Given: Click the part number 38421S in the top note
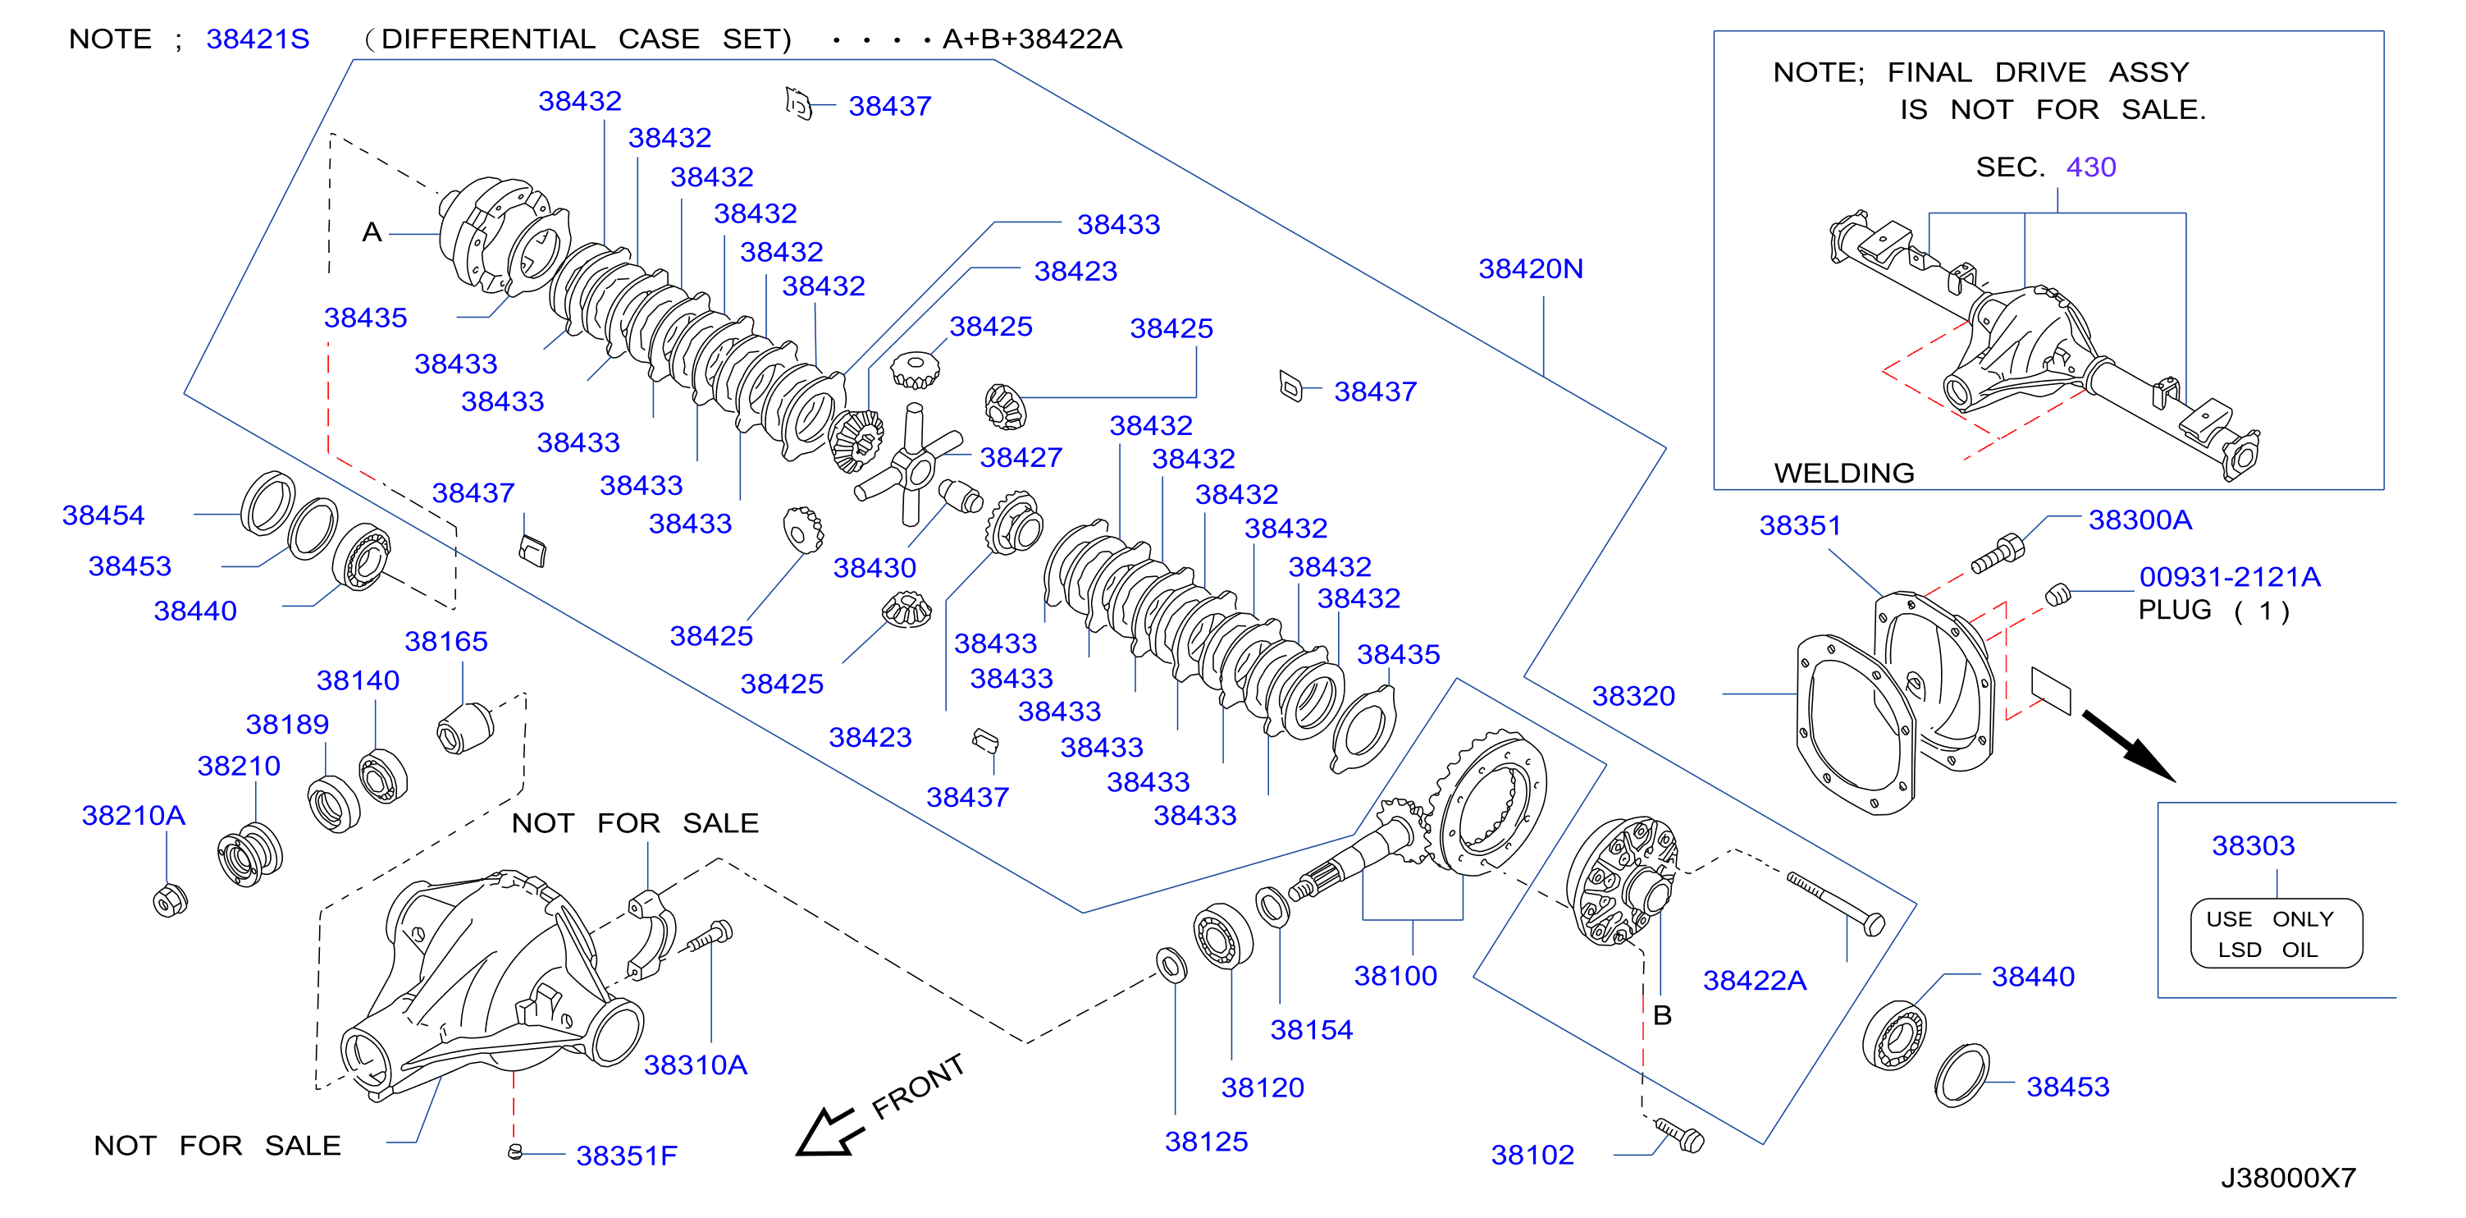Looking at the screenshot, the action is click(258, 39).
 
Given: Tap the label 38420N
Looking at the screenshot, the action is click(1531, 269).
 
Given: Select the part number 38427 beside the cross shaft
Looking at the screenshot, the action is click(1021, 458).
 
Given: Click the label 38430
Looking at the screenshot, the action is click(874, 568).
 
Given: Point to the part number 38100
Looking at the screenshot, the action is click(1395, 976).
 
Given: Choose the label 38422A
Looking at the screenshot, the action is click(1755, 981).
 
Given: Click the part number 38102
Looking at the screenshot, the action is click(1532, 1155).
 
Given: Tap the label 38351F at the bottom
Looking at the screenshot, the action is click(626, 1156).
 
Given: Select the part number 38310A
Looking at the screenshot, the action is click(695, 1065).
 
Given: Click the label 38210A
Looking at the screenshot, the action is click(133, 815).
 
